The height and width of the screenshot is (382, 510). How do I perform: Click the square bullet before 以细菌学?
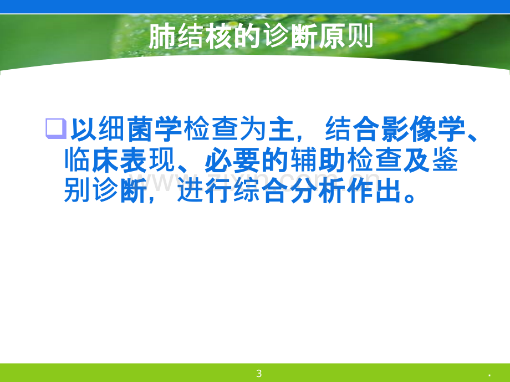[x=56, y=128]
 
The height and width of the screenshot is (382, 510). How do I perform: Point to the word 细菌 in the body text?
[x=125, y=129]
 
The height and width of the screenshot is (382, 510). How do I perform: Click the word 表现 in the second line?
[x=148, y=160]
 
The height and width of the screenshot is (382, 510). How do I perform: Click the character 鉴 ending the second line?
[x=445, y=160]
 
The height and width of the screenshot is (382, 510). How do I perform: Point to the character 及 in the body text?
[x=417, y=160]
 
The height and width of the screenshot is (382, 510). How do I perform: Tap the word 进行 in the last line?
[x=205, y=190]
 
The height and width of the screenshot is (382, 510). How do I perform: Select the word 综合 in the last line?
[x=261, y=190]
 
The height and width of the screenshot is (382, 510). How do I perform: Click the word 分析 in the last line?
[x=318, y=190]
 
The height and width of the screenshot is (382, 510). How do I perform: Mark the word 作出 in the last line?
[x=374, y=190]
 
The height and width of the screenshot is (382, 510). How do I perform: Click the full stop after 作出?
[x=409, y=197]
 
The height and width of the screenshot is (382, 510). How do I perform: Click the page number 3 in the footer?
[x=259, y=374]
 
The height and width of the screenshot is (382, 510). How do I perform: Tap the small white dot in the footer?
[x=489, y=375]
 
